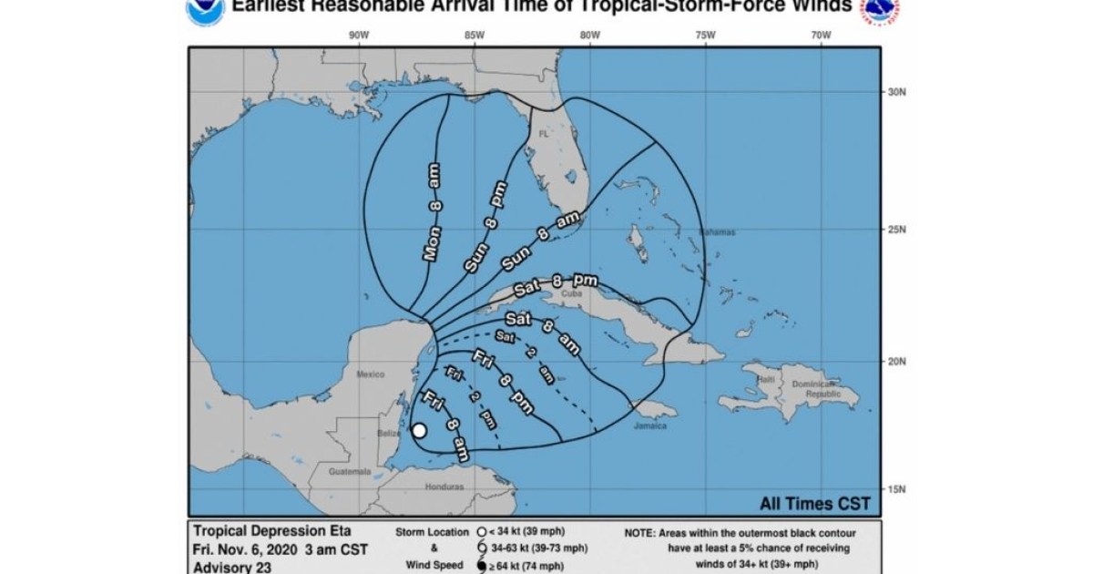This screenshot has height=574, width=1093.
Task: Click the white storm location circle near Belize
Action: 419,431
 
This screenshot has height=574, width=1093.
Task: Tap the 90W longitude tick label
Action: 358,36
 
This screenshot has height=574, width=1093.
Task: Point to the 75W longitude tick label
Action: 704,36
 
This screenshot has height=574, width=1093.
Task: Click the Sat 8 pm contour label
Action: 556,284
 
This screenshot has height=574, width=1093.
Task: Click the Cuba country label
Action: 571,294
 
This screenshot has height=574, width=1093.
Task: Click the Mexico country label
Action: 371,374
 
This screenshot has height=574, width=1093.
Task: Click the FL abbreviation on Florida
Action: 544,133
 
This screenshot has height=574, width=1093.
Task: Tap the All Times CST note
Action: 814,503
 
